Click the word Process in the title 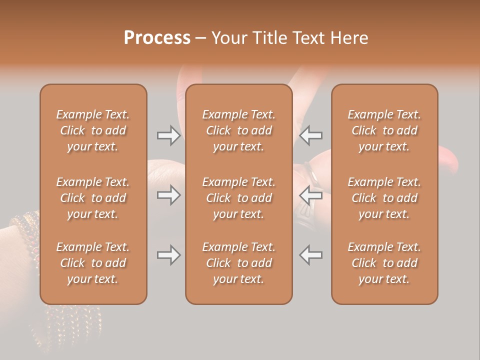(x=157, y=38)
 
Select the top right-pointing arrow (x=169, y=135)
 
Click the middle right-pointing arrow (x=169, y=195)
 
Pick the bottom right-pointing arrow (x=169, y=255)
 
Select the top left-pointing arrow (x=311, y=135)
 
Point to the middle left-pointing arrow (x=311, y=195)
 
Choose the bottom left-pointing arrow (x=311, y=255)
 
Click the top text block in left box (x=93, y=130)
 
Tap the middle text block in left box (x=93, y=198)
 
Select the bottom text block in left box (x=93, y=263)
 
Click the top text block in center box (x=238, y=130)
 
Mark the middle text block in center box (x=238, y=198)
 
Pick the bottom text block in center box (x=238, y=263)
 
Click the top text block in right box (x=384, y=130)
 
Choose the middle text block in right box (x=384, y=198)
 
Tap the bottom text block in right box (x=384, y=263)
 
